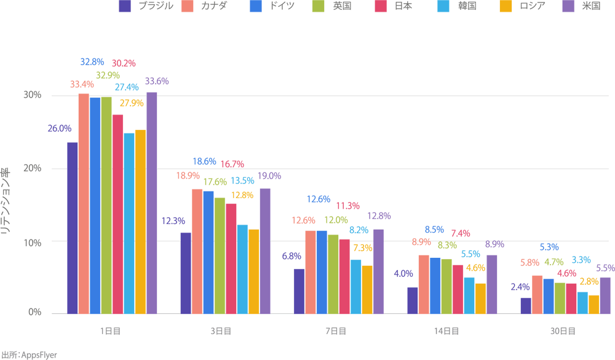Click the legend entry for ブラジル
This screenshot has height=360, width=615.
point(149,6)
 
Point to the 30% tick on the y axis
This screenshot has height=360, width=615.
point(32,95)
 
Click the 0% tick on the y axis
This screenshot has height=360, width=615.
point(34,313)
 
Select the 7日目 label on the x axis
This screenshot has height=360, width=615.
point(335,331)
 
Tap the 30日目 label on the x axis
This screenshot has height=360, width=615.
point(562,331)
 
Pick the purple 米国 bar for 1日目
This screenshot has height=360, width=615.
point(151,203)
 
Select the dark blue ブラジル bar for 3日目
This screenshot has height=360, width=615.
point(186,273)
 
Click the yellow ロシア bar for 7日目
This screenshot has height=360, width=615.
point(367,289)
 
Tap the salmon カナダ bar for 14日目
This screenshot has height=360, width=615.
point(424,284)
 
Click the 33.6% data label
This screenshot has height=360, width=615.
point(157,81)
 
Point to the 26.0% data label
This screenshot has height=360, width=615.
point(59,129)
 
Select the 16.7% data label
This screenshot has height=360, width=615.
point(231,164)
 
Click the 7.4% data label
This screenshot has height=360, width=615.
point(461,233)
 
